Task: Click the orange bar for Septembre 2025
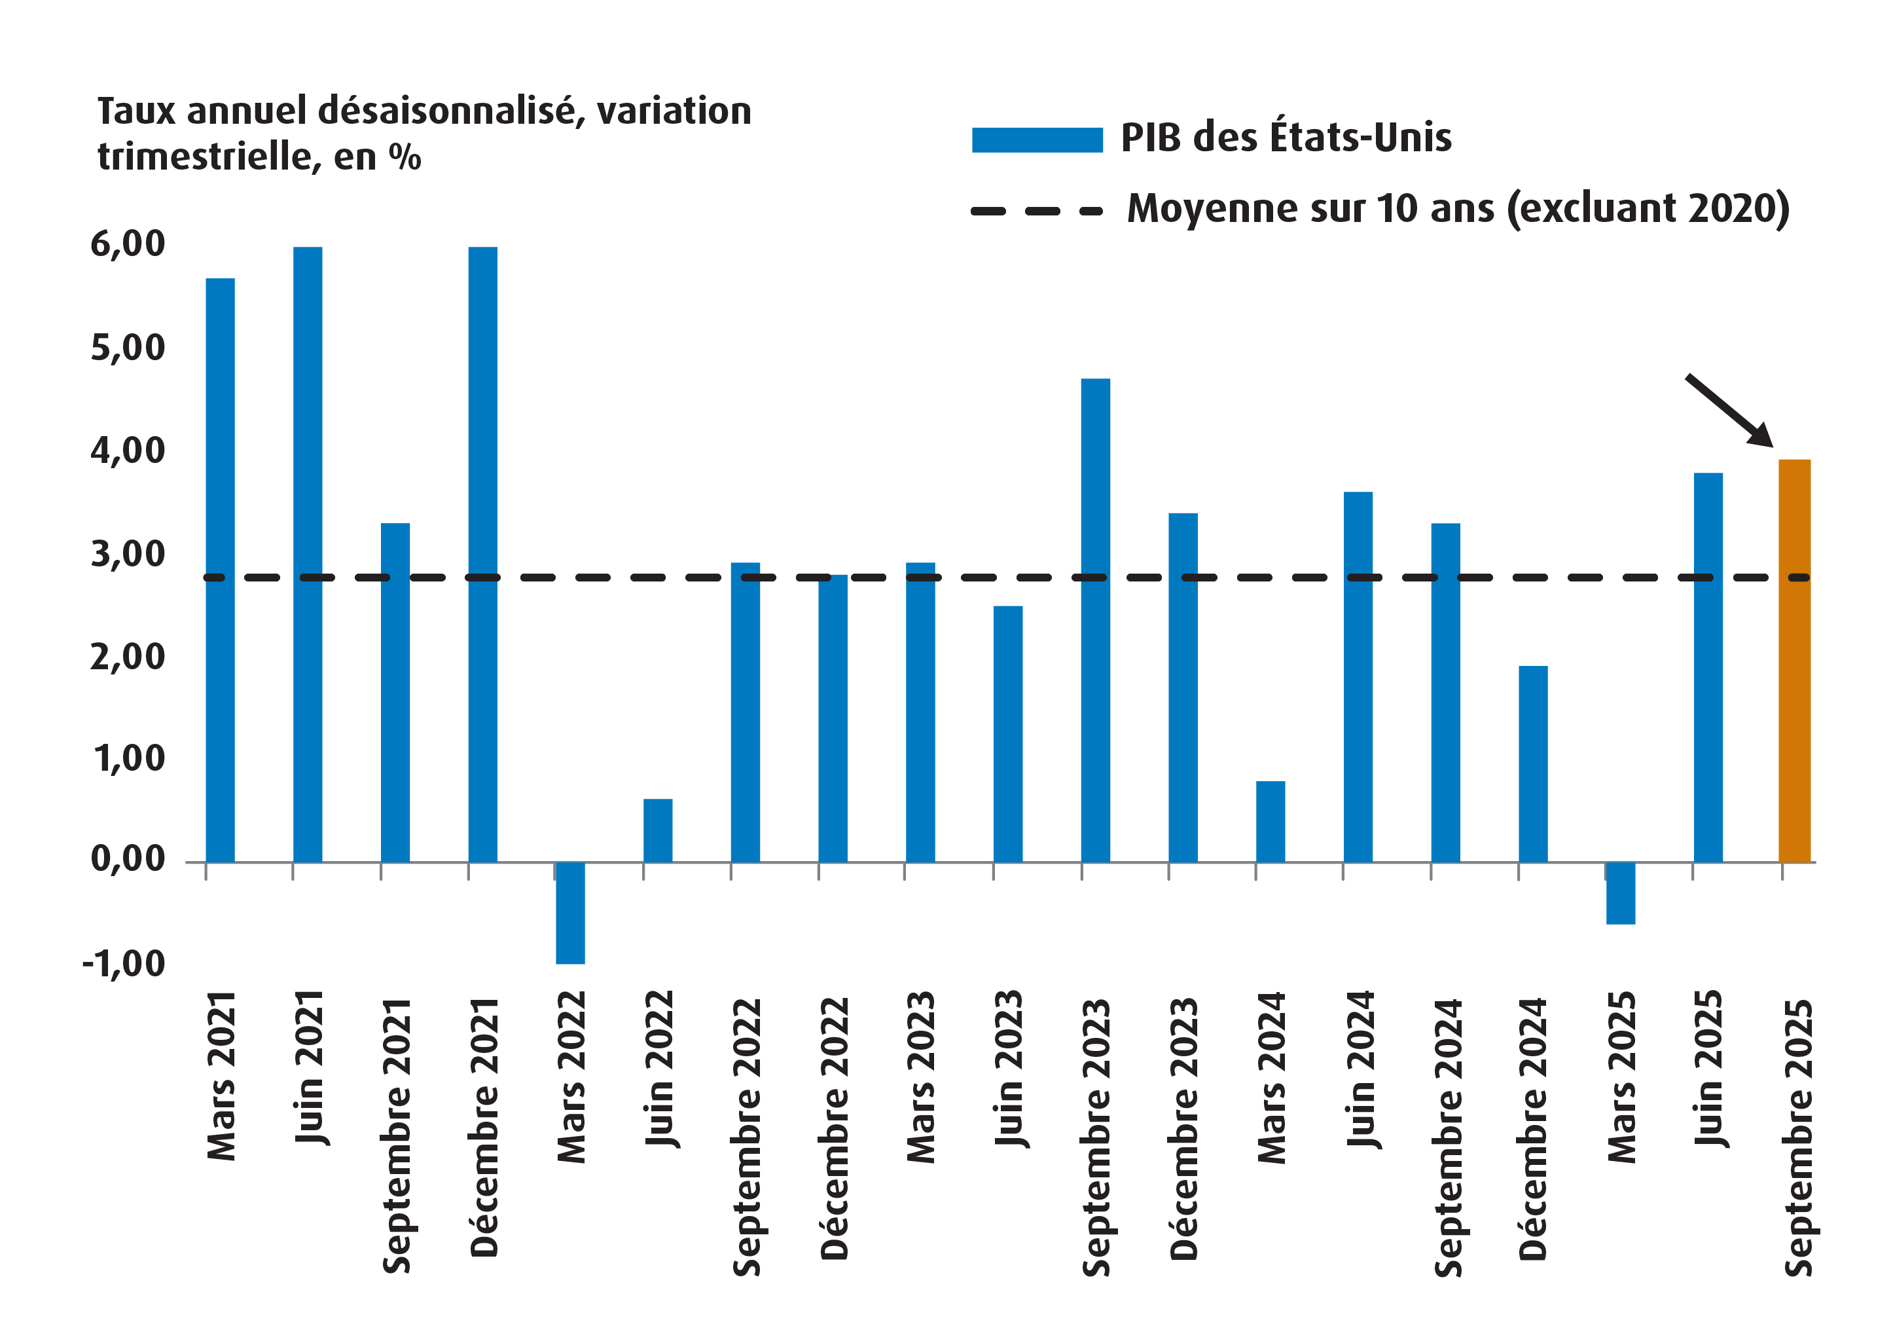pyautogui.click(x=1794, y=659)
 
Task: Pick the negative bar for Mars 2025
pyautogui.click(x=1620, y=893)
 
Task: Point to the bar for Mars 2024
pyautogui.click(x=1270, y=821)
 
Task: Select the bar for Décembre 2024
pyautogui.click(x=1533, y=764)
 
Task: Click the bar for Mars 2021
pyautogui.click(x=220, y=569)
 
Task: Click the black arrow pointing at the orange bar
pyautogui.click(x=1728, y=410)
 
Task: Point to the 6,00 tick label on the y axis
pyautogui.click(x=128, y=244)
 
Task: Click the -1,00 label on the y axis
pyautogui.click(x=124, y=963)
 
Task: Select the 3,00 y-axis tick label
pyautogui.click(x=128, y=554)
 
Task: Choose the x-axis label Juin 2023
pyautogui.click(x=1008, y=1069)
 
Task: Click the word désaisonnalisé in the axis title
pyautogui.click(x=451, y=111)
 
